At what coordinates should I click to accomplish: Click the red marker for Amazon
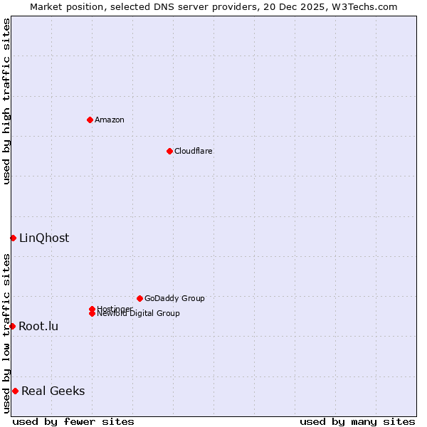point(90,120)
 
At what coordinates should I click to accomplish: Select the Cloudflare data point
point(169,151)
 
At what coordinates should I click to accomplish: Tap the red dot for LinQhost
point(13,238)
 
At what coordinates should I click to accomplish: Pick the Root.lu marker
point(12,326)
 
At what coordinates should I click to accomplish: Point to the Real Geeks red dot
point(15,391)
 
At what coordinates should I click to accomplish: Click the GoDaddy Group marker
point(139,298)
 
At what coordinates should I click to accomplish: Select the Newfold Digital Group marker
point(92,313)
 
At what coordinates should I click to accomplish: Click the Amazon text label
point(110,120)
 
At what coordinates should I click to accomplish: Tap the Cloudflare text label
point(194,151)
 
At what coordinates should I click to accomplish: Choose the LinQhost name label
point(44,238)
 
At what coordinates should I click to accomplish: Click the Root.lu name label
point(38,327)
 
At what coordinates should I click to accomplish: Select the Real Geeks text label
point(53,391)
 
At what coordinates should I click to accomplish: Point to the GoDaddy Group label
point(174,298)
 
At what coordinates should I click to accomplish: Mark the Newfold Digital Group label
point(139,314)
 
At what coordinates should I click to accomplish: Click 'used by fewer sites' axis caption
point(73,421)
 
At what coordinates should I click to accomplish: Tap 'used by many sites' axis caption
point(357,421)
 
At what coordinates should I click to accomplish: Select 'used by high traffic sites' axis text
point(6,101)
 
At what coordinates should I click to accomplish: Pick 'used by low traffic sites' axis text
point(6,333)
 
